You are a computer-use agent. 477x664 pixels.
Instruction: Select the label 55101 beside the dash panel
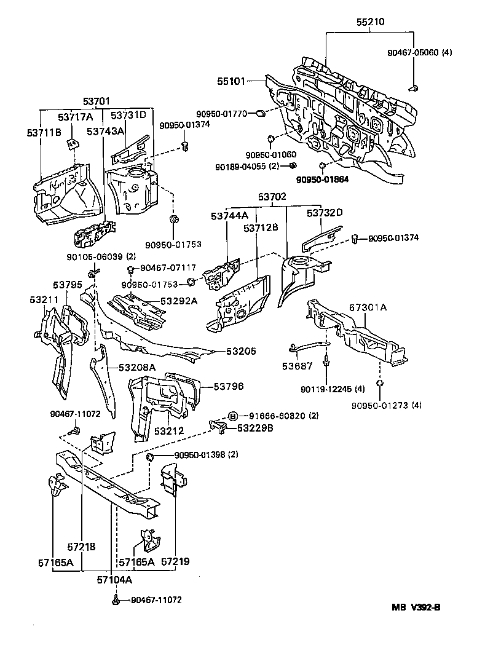(x=231, y=81)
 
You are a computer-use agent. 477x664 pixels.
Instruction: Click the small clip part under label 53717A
(x=73, y=145)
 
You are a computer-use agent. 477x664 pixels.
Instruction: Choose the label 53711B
(x=43, y=131)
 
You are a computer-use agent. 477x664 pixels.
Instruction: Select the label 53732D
(x=325, y=213)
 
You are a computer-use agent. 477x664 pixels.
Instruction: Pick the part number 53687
(x=298, y=366)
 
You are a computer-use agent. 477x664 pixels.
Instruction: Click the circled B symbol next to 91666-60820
(x=233, y=416)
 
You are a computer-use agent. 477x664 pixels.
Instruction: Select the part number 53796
(x=229, y=386)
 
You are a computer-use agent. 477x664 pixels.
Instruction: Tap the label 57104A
(x=114, y=579)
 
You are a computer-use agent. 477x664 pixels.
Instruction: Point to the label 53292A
(x=179, y=301)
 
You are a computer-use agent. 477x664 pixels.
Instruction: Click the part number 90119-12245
(x=325, y=389)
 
